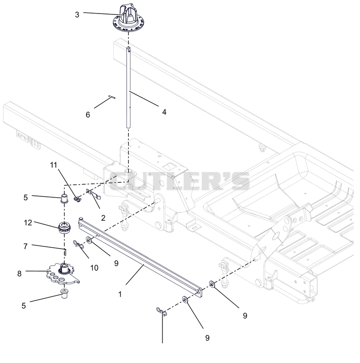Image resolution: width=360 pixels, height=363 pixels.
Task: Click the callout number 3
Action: (x=77, y=14)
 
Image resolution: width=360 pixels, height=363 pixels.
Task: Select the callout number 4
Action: (x=164, y=112)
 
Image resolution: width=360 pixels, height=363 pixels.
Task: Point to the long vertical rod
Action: (x=128, y=87)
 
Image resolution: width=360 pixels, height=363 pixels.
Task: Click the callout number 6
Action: (x=88, y=114)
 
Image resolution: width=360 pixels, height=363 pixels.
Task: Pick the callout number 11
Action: (x=54, y=165)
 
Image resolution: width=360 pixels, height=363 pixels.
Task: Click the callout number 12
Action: (x=28, y=222)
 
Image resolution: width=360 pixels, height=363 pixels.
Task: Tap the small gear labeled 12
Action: (x=64, y=227)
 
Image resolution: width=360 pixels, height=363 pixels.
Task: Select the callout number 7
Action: (x=26, y=246)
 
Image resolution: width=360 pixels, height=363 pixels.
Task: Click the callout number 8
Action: (x=19, y=274)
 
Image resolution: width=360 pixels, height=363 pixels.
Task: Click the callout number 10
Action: (x=94, y=268)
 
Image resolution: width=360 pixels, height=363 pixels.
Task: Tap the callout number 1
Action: (x=120, y=294)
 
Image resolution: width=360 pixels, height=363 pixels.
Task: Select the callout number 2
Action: (x=103, y=218)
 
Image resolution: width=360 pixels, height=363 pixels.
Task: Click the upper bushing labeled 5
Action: (x=64, y=197)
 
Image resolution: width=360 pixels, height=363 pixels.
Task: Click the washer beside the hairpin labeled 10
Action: (x=89, y=240)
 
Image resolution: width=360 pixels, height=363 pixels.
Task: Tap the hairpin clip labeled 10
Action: (x=78, y=244)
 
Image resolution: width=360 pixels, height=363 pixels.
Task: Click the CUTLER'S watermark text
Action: (x=180, y=181)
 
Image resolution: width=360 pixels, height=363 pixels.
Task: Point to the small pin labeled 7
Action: (x=65, y=251)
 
